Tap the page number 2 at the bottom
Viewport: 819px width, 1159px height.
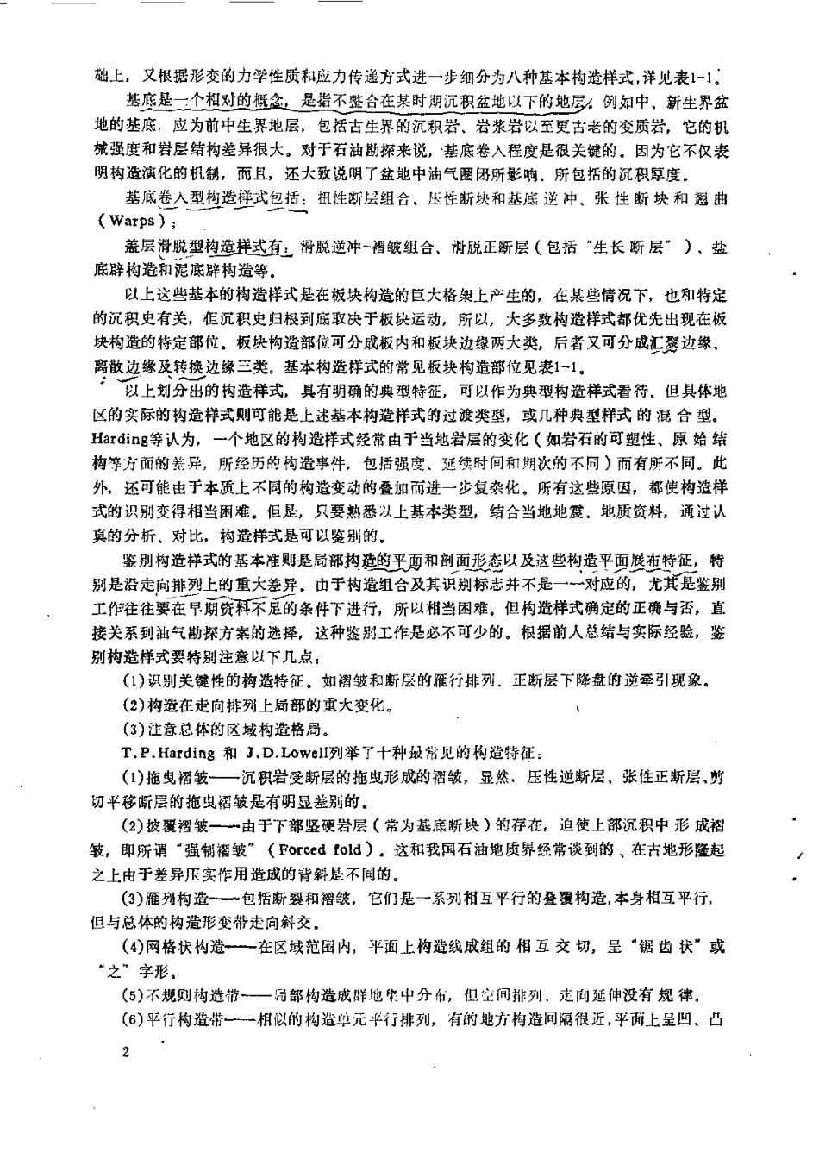(126, 1053)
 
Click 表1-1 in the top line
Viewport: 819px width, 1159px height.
(695, 76)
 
